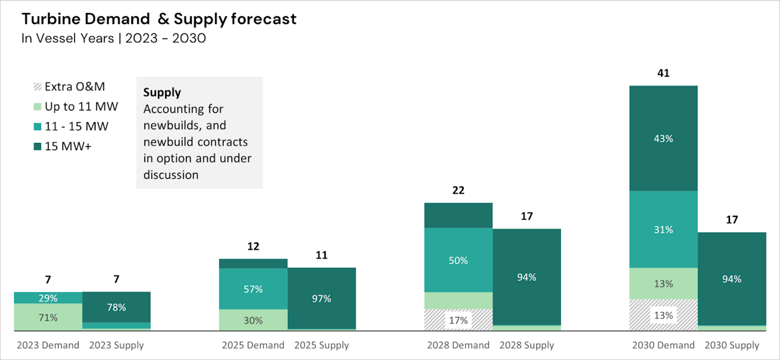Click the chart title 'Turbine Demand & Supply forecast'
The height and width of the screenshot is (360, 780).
[x=159, y=19]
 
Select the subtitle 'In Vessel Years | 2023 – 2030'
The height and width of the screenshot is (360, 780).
[x=114, y=38]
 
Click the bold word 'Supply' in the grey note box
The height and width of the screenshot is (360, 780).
[x=162, y=92]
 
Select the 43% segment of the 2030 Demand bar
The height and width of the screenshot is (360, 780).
[x=663, y=138]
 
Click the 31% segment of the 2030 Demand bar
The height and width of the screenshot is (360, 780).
[x=663, y=229]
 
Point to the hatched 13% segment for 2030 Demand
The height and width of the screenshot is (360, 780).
[x=663, y=315]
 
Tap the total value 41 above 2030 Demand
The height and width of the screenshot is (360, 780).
[x=663, y=73]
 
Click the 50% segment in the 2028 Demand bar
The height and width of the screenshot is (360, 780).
[x=458, y=260]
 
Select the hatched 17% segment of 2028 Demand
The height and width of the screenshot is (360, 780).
[x=458, y=320]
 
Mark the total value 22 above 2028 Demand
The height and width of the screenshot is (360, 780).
[x=458, y=190]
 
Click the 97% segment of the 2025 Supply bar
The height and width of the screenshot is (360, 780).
[x=322, y=298]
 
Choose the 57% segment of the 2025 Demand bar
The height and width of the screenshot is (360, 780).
[x=253, y=289]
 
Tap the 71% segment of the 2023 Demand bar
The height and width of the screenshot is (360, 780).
[x=48, y=318]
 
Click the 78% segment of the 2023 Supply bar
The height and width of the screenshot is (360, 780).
[x=116, y=307]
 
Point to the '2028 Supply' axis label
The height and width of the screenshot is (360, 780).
[x=526, y=345]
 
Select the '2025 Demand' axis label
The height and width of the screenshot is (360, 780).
[x=253, y=345]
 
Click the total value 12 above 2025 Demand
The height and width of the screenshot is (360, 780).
[x=253, y=246]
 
